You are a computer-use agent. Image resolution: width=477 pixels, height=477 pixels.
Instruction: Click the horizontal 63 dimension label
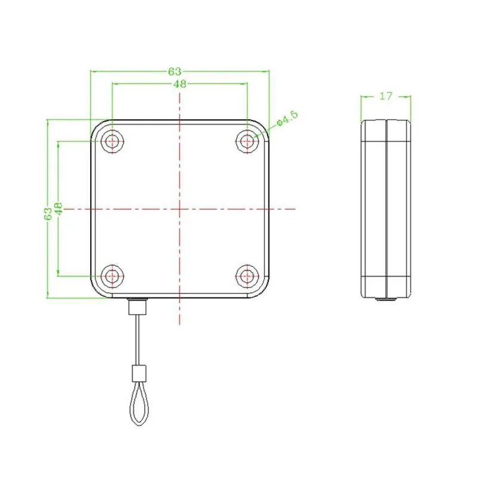point(175,72)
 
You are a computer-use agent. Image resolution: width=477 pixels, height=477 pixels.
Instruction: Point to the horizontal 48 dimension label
point(180,83)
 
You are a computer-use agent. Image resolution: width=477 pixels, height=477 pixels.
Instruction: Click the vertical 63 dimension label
point(48,214)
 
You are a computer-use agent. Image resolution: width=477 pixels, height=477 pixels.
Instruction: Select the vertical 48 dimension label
point(58,209)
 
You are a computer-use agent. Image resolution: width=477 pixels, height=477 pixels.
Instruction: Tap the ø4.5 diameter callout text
point(287,118)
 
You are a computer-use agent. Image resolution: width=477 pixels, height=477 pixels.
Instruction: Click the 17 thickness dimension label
point(386,96)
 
